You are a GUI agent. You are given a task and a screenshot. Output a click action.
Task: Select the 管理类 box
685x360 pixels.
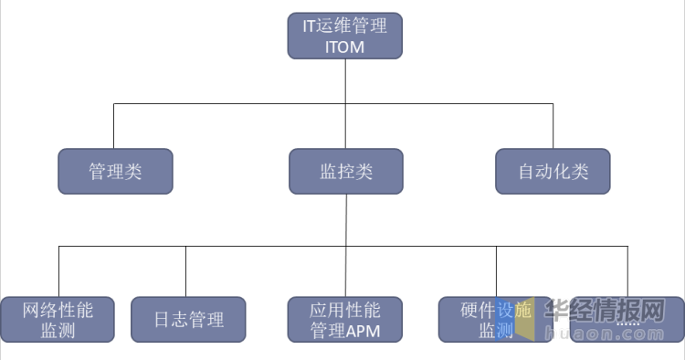115,172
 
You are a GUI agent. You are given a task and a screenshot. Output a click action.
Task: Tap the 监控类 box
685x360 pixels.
345,172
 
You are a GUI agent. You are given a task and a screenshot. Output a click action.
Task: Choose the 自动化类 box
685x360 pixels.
553,172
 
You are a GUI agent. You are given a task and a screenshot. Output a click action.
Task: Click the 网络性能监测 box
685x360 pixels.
58,320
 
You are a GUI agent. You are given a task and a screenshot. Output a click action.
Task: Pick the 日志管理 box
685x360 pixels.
188,320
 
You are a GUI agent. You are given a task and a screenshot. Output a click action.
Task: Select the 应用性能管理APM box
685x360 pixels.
344,320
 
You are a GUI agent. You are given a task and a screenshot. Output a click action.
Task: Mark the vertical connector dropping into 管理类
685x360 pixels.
114,126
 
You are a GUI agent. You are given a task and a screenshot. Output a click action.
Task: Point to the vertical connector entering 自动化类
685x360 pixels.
553,126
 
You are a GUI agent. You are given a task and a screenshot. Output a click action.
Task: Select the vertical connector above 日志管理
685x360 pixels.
186,271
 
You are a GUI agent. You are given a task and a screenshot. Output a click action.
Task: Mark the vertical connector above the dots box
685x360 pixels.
627,271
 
